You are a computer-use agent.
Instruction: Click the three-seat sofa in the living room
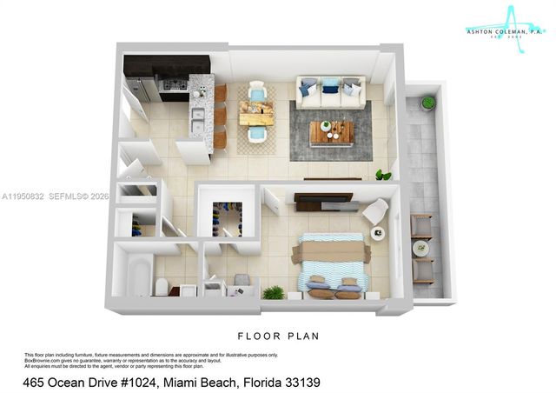[329, 92]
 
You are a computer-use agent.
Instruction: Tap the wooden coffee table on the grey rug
[332, 131]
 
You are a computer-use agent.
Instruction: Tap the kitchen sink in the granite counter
[198, 116]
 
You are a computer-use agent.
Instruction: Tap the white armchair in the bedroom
[375, 211]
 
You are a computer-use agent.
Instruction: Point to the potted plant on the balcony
[428, 103]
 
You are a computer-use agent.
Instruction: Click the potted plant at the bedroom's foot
[274, 293]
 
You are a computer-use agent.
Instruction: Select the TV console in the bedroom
[323, 202]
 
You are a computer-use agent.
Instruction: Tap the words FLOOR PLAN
[279, 335]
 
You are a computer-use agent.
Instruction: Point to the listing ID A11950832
[23, 196]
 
